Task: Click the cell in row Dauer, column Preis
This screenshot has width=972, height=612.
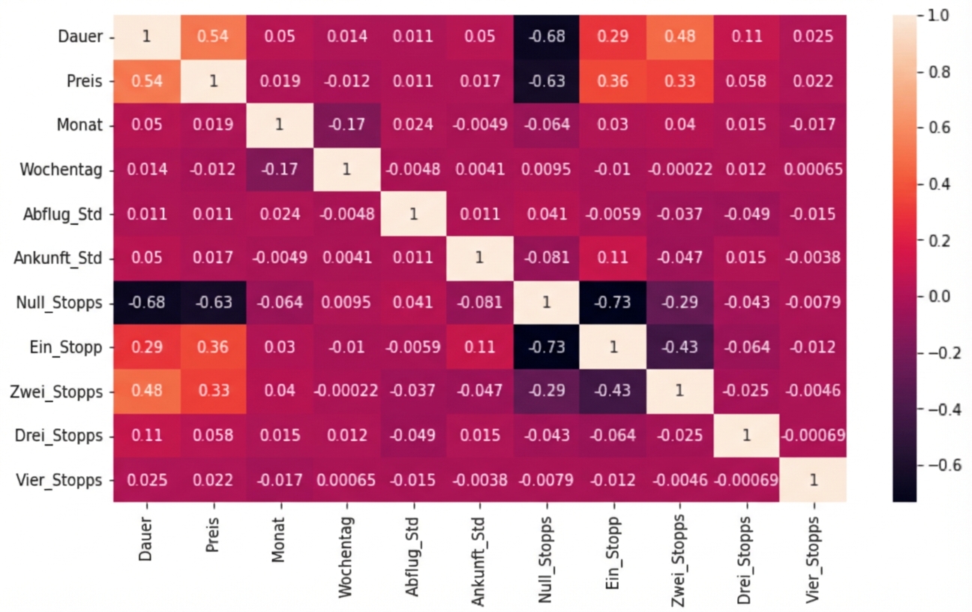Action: point(213,37)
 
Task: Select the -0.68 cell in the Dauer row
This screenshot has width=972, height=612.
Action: point(546,37)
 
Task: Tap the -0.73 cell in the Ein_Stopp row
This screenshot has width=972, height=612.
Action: point(546,346)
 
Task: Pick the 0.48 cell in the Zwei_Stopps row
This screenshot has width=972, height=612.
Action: point(146,391)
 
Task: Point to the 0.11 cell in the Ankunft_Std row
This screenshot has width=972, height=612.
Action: point(613,258)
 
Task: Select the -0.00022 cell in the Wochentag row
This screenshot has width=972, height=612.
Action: point(679,169)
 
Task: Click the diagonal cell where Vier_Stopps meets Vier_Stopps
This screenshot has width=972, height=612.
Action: point(813,479)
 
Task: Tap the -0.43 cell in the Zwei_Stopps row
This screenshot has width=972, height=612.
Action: point(613,391)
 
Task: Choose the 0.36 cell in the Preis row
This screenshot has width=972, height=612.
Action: point(613,81)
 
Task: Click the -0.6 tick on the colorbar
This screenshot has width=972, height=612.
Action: point(934,464)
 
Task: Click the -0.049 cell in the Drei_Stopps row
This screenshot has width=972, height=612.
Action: point(412,435)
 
